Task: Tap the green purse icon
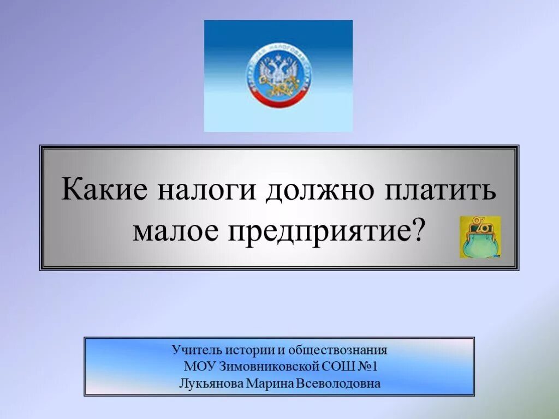click(479, 237)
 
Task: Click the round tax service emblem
click(278, 76)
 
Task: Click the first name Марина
click(270, 383)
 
